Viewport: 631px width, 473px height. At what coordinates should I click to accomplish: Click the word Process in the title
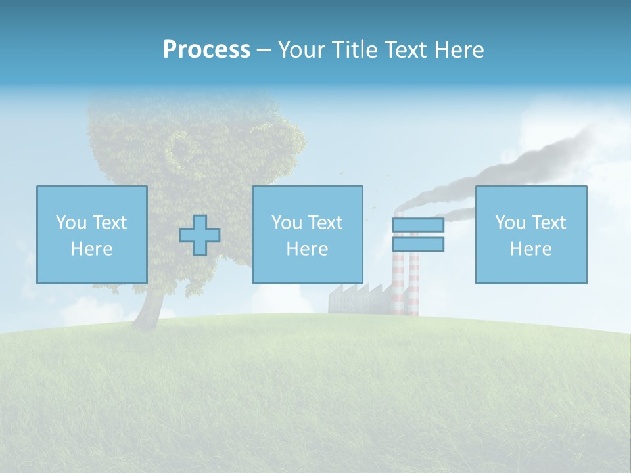pyautogui.click(x=206, y=50)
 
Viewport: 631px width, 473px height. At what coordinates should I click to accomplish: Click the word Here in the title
pyautogui.click(x=459, y=50)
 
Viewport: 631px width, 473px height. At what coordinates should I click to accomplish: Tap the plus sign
pyautogui.click(x=200, y=235)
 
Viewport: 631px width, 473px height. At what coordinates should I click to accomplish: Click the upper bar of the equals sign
pyautogui.click(x=418, y=225)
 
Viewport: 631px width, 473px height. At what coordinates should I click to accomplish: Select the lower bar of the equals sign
pyautogui.click(x=418, y=244)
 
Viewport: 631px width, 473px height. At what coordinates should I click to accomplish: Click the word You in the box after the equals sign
pyautogui.click(x=510, y=223)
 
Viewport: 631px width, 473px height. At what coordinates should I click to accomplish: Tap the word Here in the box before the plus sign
pyautogui.click(x=92, y=249)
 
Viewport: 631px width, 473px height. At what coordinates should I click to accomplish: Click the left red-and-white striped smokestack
pyautogui.click(x=398, y=282)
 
